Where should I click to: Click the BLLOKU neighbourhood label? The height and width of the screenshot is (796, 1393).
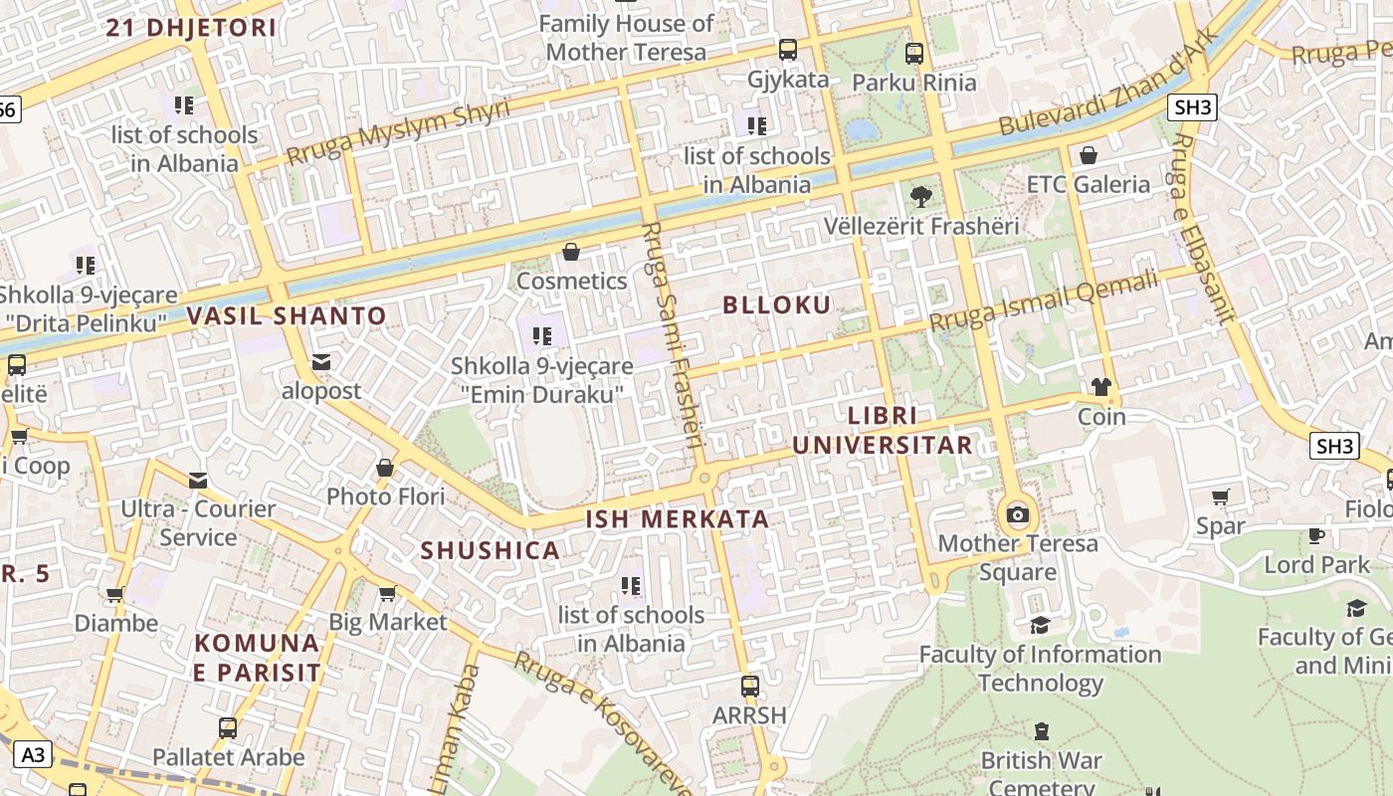click(776, 305)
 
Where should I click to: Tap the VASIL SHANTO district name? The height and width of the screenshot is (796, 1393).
click(287, 316)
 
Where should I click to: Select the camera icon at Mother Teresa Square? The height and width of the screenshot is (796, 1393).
click(1017, 514)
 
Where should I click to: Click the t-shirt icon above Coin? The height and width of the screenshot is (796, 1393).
click(1100, 387)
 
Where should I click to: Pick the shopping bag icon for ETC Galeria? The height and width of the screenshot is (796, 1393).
click(1089, 155)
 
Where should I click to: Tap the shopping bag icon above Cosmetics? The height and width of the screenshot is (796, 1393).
click(571, 252)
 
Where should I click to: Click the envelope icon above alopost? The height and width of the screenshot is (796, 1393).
click(320, 361)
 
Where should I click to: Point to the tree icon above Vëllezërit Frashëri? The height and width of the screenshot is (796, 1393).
click(921, 196)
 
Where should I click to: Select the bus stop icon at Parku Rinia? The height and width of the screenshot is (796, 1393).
click(913, 54)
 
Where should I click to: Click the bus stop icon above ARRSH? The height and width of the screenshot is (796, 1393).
click(749, 687)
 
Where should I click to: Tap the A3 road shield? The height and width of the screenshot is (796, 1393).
click(33, 755)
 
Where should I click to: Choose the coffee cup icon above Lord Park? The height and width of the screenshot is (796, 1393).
click(1316, 535)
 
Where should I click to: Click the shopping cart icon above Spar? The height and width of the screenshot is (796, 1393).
click(1221, 497)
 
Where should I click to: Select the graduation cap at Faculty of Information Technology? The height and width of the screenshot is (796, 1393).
click(1040, 625)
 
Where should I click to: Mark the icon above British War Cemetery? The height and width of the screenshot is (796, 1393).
click(1041, 731)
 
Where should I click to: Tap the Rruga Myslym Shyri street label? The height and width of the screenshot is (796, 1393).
click(398, 131)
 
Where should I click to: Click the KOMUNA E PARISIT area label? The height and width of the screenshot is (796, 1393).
click(258, 658)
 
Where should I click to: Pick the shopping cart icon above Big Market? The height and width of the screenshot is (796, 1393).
click(387, 594)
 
